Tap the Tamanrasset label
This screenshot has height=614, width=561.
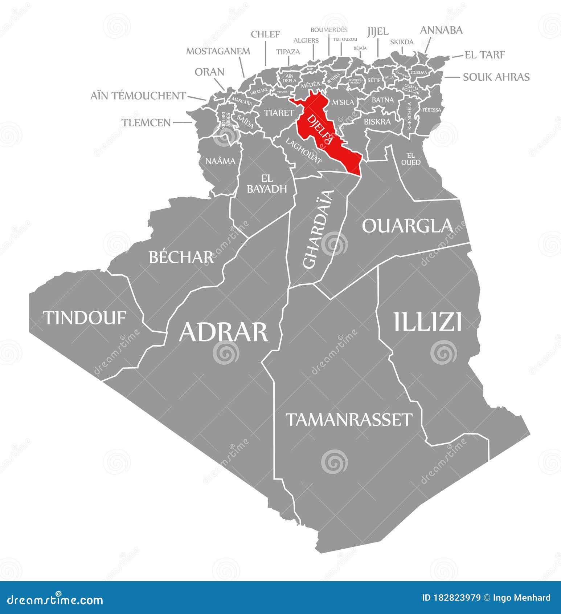(349, 419)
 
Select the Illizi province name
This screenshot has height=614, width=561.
(427, 322)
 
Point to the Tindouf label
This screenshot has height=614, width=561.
(85, 318)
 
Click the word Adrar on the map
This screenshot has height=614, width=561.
(224, 332)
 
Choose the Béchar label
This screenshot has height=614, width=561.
(181, 257)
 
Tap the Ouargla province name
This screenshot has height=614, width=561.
(407, 226)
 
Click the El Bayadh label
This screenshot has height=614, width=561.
(267, 184)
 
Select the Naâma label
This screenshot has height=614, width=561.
(221, 161)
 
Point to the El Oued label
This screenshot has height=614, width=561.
(411, 159)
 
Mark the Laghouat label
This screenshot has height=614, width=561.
(304, 150)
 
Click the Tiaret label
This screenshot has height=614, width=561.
(279, 113)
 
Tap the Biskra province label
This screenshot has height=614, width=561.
(377, 122)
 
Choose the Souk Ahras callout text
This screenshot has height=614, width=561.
(496, 77)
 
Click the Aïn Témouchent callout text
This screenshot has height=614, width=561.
(138, 96)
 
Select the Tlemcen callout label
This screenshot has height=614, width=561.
(146, 122)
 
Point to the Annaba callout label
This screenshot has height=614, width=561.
(441, 30)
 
